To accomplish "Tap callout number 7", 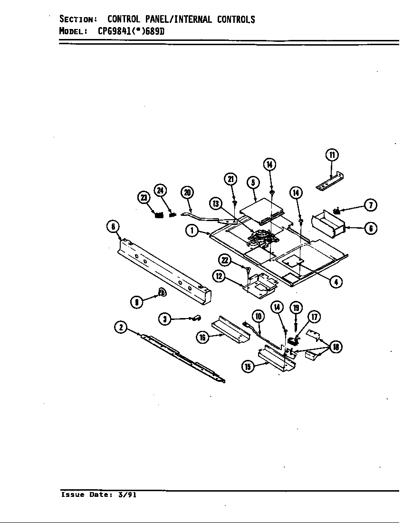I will coord(370,205).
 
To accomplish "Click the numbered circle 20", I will coord(187,193).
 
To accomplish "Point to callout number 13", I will coord(217,203).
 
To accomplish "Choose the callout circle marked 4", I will coord(336,281).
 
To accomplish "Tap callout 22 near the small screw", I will coord(225,260).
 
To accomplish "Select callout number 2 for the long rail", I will coord(121,327).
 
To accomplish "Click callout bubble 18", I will coord(336,347).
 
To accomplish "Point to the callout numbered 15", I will coord(248,366).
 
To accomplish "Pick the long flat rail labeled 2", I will coord(183,356).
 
